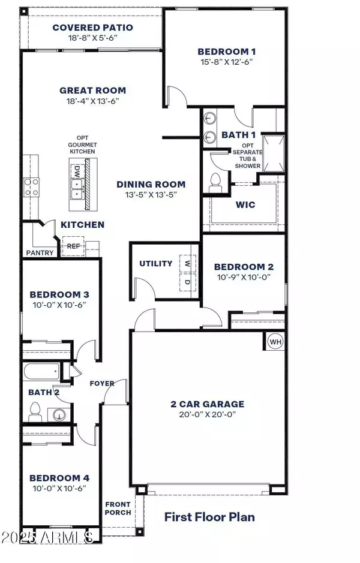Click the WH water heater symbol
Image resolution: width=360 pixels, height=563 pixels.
click(275, 342)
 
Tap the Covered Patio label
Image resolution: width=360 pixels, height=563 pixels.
click(92, 28)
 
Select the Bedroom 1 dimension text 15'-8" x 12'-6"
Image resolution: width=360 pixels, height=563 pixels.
click(226, 62)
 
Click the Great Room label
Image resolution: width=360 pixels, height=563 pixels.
click(92, 91)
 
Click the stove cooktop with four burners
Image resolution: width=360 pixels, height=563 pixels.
click(31, 188)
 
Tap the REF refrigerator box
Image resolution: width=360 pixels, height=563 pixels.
click(73, 246)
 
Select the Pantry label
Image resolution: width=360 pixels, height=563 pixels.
click(40, 253)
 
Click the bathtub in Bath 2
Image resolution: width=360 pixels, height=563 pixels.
click(41, 371)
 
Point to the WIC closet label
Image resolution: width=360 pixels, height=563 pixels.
click(245, 205)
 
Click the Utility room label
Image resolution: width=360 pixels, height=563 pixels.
click(156, 264)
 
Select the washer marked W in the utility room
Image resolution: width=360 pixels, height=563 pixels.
click(187, 264)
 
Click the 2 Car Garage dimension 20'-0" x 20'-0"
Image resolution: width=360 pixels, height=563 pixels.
click(208, 414)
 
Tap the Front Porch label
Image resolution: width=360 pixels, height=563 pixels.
click(118, 508)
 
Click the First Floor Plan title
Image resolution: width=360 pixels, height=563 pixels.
click(210, 517)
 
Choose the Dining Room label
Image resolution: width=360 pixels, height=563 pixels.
click(151, 185)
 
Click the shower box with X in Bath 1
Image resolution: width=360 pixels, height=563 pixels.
click(274, 153)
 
